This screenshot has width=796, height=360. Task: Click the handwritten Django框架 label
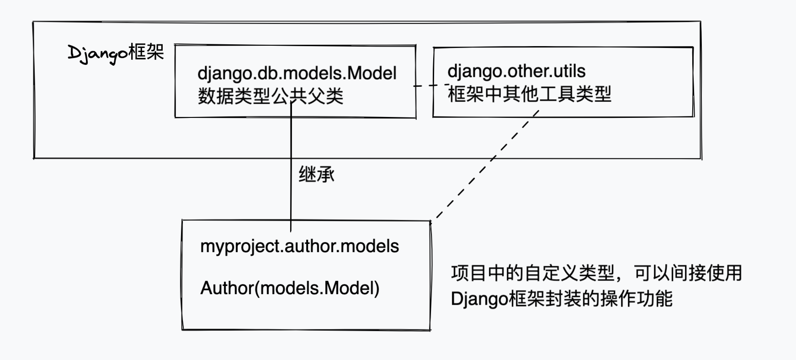click(116, 53)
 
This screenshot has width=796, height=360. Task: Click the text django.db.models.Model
click(297, 73)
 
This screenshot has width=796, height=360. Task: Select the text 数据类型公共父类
click(271, 96)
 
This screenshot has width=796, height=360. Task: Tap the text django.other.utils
click(516, 71)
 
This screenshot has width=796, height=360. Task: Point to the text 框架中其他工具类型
click(529, 95)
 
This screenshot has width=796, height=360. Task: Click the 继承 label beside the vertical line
click(316, 175)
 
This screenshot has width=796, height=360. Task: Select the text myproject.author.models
click(299, 246)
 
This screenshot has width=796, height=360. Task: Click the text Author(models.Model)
click(290, 288)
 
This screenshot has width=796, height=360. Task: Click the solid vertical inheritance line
click(291, 192)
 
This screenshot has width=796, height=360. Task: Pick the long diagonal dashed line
click(484, 167)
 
